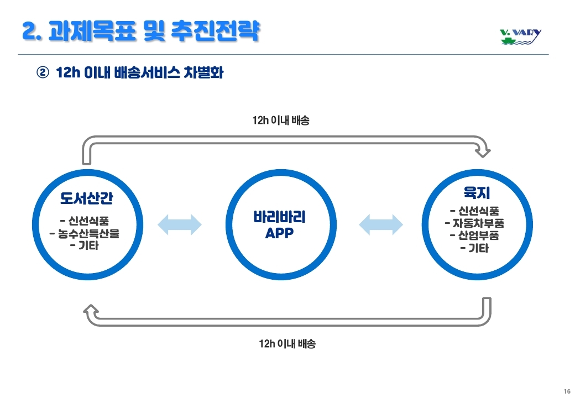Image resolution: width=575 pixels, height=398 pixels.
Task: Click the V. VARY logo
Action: tap(520, 36)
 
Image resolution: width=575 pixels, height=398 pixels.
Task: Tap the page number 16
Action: tap(567, 391)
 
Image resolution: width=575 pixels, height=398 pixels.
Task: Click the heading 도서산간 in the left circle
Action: tap(87, 198)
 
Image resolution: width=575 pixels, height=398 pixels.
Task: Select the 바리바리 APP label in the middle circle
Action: tap(279, 224)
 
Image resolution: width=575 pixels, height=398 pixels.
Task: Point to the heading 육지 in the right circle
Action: tap(477, 193)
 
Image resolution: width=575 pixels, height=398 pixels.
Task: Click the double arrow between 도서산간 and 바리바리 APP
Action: tap(180, 224)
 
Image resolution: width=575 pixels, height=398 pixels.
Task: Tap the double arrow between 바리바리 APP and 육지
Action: tap(380, 224)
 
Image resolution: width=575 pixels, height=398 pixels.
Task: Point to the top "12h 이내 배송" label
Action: tap(281, 120)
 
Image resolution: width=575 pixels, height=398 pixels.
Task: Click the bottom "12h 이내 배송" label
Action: tap(287, 344)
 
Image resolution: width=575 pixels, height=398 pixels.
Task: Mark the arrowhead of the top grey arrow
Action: tap(483, 151)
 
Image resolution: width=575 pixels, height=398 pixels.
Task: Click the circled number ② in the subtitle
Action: tap(43, 72)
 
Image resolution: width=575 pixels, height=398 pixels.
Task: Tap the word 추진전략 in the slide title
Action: tap(216, 31)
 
